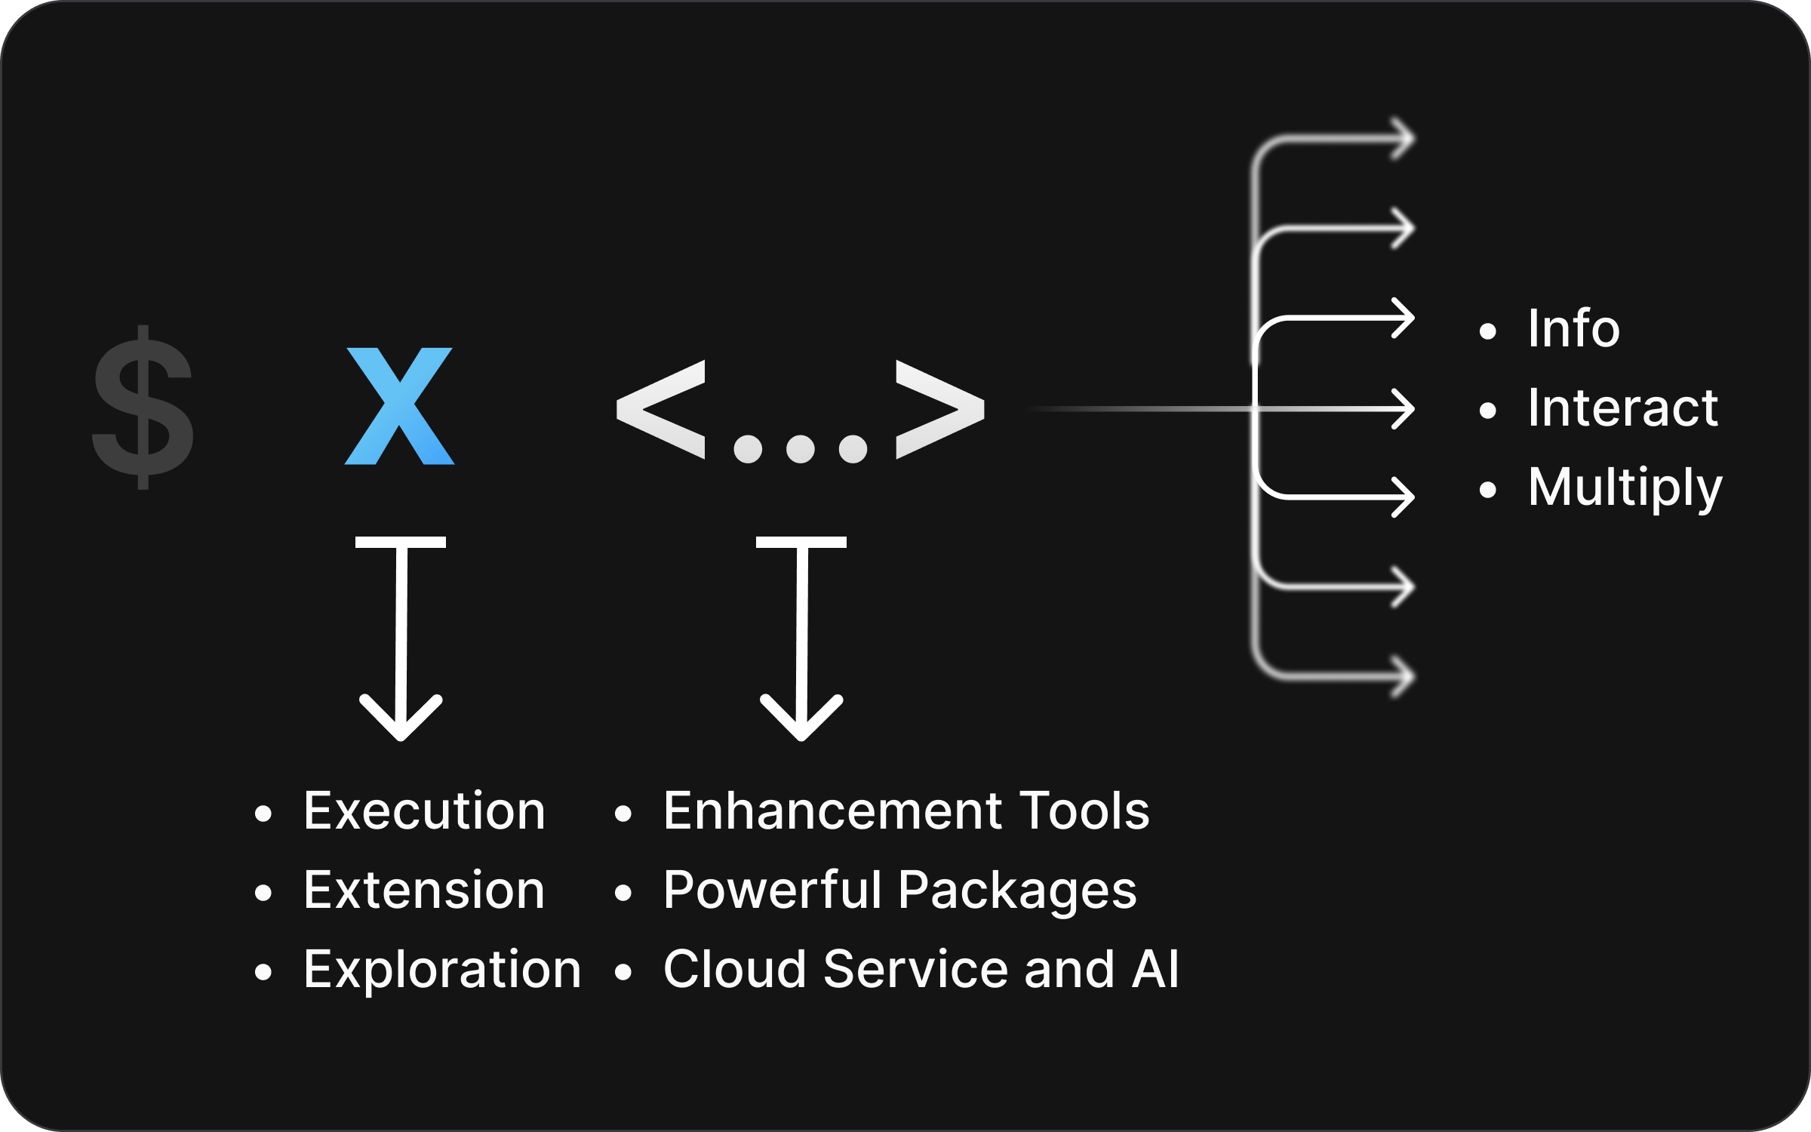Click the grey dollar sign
point(143,408)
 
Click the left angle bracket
point(661,410)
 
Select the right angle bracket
point(939,410)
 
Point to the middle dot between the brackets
point(800,449)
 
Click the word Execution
point(424,811)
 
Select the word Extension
point(424,891)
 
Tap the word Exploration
point(442,970)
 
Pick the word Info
point(1573,329)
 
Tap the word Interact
point(1622,408)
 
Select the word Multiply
point(1625,488)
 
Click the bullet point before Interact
point(1487,410)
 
